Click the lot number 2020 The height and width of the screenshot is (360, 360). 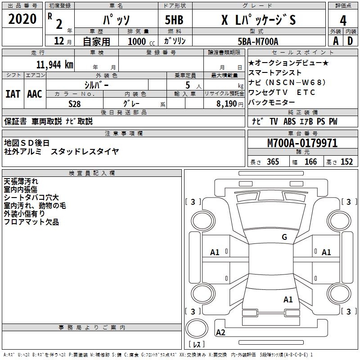pos(22,19)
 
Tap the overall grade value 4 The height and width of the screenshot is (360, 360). pos(343,21)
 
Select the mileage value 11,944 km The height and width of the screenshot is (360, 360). pos(54,64)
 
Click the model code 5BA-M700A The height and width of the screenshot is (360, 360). pos(258,41)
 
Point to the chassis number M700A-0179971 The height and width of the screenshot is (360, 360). pos(302,143)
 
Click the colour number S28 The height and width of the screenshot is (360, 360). pos(74,103)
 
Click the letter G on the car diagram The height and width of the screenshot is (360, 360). pos(284,237)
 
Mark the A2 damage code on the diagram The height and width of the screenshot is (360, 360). pos(220,332)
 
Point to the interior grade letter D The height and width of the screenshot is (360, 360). pos(350,41)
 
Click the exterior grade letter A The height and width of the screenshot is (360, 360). pos(335,41)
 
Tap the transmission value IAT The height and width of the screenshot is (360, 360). pos(13,94)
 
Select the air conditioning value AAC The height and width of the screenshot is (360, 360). pos(34,94)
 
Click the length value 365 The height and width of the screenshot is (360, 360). pos(272,162)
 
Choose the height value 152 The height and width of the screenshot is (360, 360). pos(346,162)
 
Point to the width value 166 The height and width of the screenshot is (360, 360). pos(310,162)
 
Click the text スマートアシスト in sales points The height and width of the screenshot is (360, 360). pos(275,72)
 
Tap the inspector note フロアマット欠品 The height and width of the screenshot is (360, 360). pos(31,222)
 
